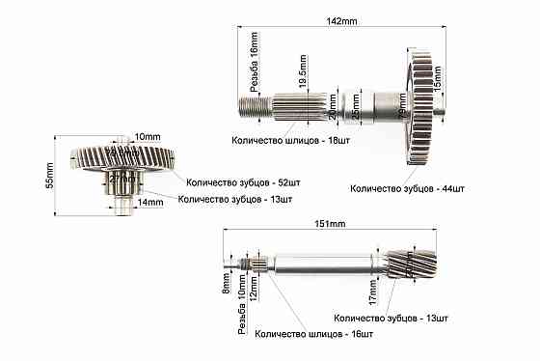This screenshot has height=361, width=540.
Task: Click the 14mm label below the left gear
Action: [149, 203]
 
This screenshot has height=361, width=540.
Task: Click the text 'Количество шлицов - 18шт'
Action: [288, 139]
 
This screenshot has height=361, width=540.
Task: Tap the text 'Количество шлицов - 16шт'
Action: [313, 334]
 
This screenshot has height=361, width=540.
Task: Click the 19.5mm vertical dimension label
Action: [303, 72]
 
